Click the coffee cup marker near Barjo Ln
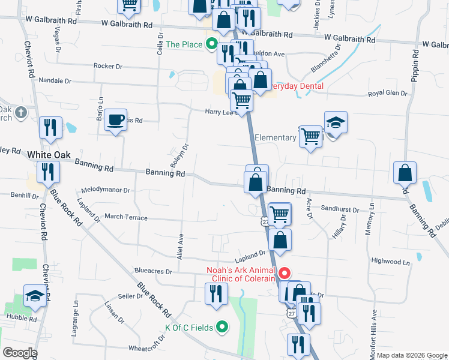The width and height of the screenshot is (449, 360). point(115,119)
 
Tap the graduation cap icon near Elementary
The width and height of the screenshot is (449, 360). point(336,123)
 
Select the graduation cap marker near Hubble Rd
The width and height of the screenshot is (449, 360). point(35,296)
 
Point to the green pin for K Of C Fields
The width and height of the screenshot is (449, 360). point(222,327)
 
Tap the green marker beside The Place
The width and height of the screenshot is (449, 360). point(211,44)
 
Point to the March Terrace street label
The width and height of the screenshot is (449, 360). point(125,217)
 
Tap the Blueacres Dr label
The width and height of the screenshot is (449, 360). point(152,271)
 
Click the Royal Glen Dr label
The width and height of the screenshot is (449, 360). point(387,94)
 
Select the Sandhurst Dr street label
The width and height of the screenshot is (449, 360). point(339,210)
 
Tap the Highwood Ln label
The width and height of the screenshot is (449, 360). point(390,262)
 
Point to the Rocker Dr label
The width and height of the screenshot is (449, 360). point(108,66)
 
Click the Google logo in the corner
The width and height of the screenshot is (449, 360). point(19,353)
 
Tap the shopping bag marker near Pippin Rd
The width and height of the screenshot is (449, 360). point(405,173)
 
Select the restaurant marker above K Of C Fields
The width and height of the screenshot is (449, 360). point(215,294)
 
